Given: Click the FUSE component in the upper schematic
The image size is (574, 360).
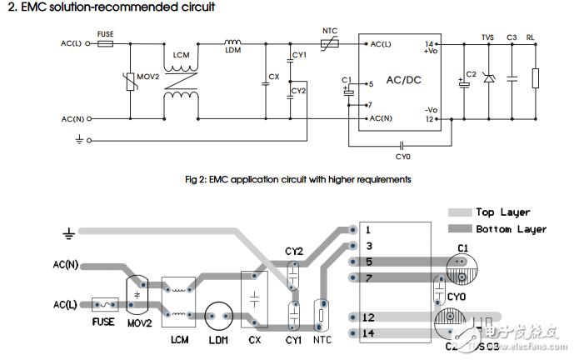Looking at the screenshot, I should point(105,43).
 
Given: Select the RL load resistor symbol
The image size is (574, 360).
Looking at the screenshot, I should point(535,80).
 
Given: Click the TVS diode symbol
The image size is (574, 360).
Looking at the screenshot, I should point(488,80).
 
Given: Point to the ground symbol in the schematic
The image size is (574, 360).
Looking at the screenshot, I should point(79,141).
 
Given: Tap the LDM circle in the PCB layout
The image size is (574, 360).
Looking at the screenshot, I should point(218,317).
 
